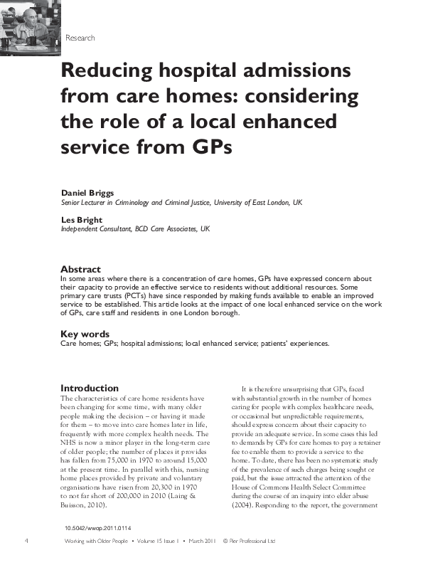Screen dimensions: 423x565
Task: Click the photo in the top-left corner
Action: pyautogui.click(x=29, y=27)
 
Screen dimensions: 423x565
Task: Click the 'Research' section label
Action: pyautogui.click(x=80, y=37)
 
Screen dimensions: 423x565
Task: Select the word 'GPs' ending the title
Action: pyautogui.click(x=209, y=148)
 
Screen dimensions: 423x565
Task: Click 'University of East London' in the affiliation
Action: pyautogui.click(x=244, y=202)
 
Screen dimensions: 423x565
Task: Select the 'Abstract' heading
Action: pyautogui.click(x=81, y=269)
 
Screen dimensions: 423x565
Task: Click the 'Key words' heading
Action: pyautogui.click(x=85, y=333)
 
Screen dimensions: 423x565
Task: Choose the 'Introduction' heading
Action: pyautogui.click(x=90, y=388)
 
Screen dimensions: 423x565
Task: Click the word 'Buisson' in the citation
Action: pyautogui.click(x=77, y=505)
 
